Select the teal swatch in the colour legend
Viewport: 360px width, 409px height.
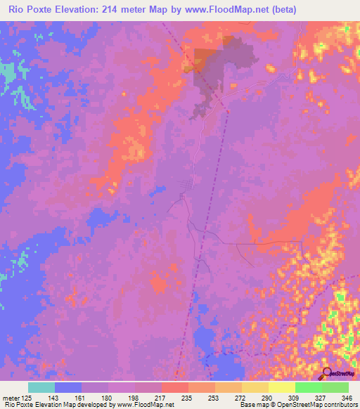pos(41,387)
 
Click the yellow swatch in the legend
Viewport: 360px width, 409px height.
pos(282,387)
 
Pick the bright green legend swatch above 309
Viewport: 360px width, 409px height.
pos(309,387)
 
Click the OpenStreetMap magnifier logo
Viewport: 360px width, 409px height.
pos(326,373)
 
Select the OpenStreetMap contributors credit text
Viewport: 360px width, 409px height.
pos(315,405)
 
